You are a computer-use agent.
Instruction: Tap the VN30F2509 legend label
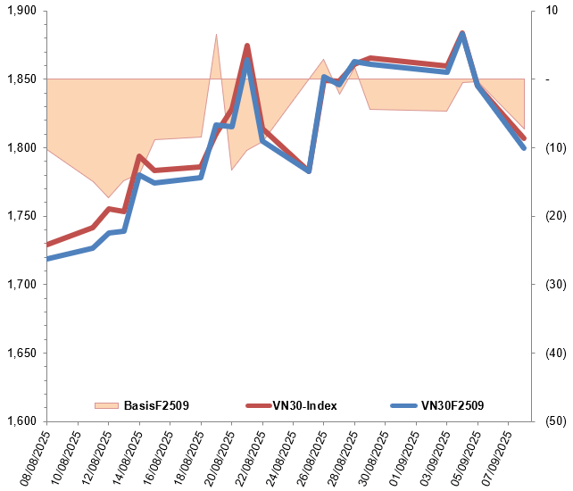pyautogui.click(x=452, y=405)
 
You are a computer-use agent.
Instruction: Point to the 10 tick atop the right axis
pyautogui.click(x=551, y=11)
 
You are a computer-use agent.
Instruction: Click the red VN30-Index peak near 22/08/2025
pyautogui.click(x=247, y=46)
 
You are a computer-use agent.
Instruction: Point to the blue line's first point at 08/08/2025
pyautogui.click(x=47, y=259)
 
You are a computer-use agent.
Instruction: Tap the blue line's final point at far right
pyautogui.click(x=524, y=147)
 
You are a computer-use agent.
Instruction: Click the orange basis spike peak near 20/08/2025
pyautogui.click(x=216, y=34)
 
